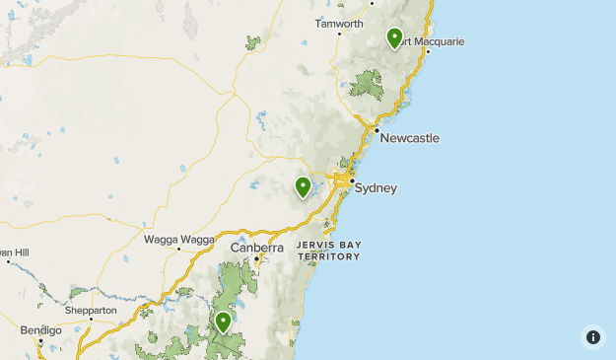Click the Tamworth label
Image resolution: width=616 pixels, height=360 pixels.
point(339,23)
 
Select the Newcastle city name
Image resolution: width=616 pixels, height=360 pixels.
point(409,137)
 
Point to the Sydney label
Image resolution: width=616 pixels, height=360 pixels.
point(376,187)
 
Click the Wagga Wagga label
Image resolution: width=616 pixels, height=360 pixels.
point(179,239)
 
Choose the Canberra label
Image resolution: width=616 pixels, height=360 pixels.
point(256,248)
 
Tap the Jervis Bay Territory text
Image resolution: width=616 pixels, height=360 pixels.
point(329,250)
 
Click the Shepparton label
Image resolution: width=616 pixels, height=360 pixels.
point(91,310)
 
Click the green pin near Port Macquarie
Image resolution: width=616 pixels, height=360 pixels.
point(394,37)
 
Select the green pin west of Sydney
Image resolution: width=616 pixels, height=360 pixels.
point(304,185)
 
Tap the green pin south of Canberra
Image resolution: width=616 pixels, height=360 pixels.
point(224,322)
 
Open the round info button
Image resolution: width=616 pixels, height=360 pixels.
point(592,337)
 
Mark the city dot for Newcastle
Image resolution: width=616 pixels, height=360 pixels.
point(376,130)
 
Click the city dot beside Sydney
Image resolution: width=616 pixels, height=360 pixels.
point(351,180)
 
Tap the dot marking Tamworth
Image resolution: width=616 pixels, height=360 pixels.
point(339,34)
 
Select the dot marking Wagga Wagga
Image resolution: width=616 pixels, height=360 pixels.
point(178,250)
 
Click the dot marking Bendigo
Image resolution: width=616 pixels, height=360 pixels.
point(40,340)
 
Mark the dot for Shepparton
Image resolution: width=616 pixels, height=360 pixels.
point(92,320)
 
